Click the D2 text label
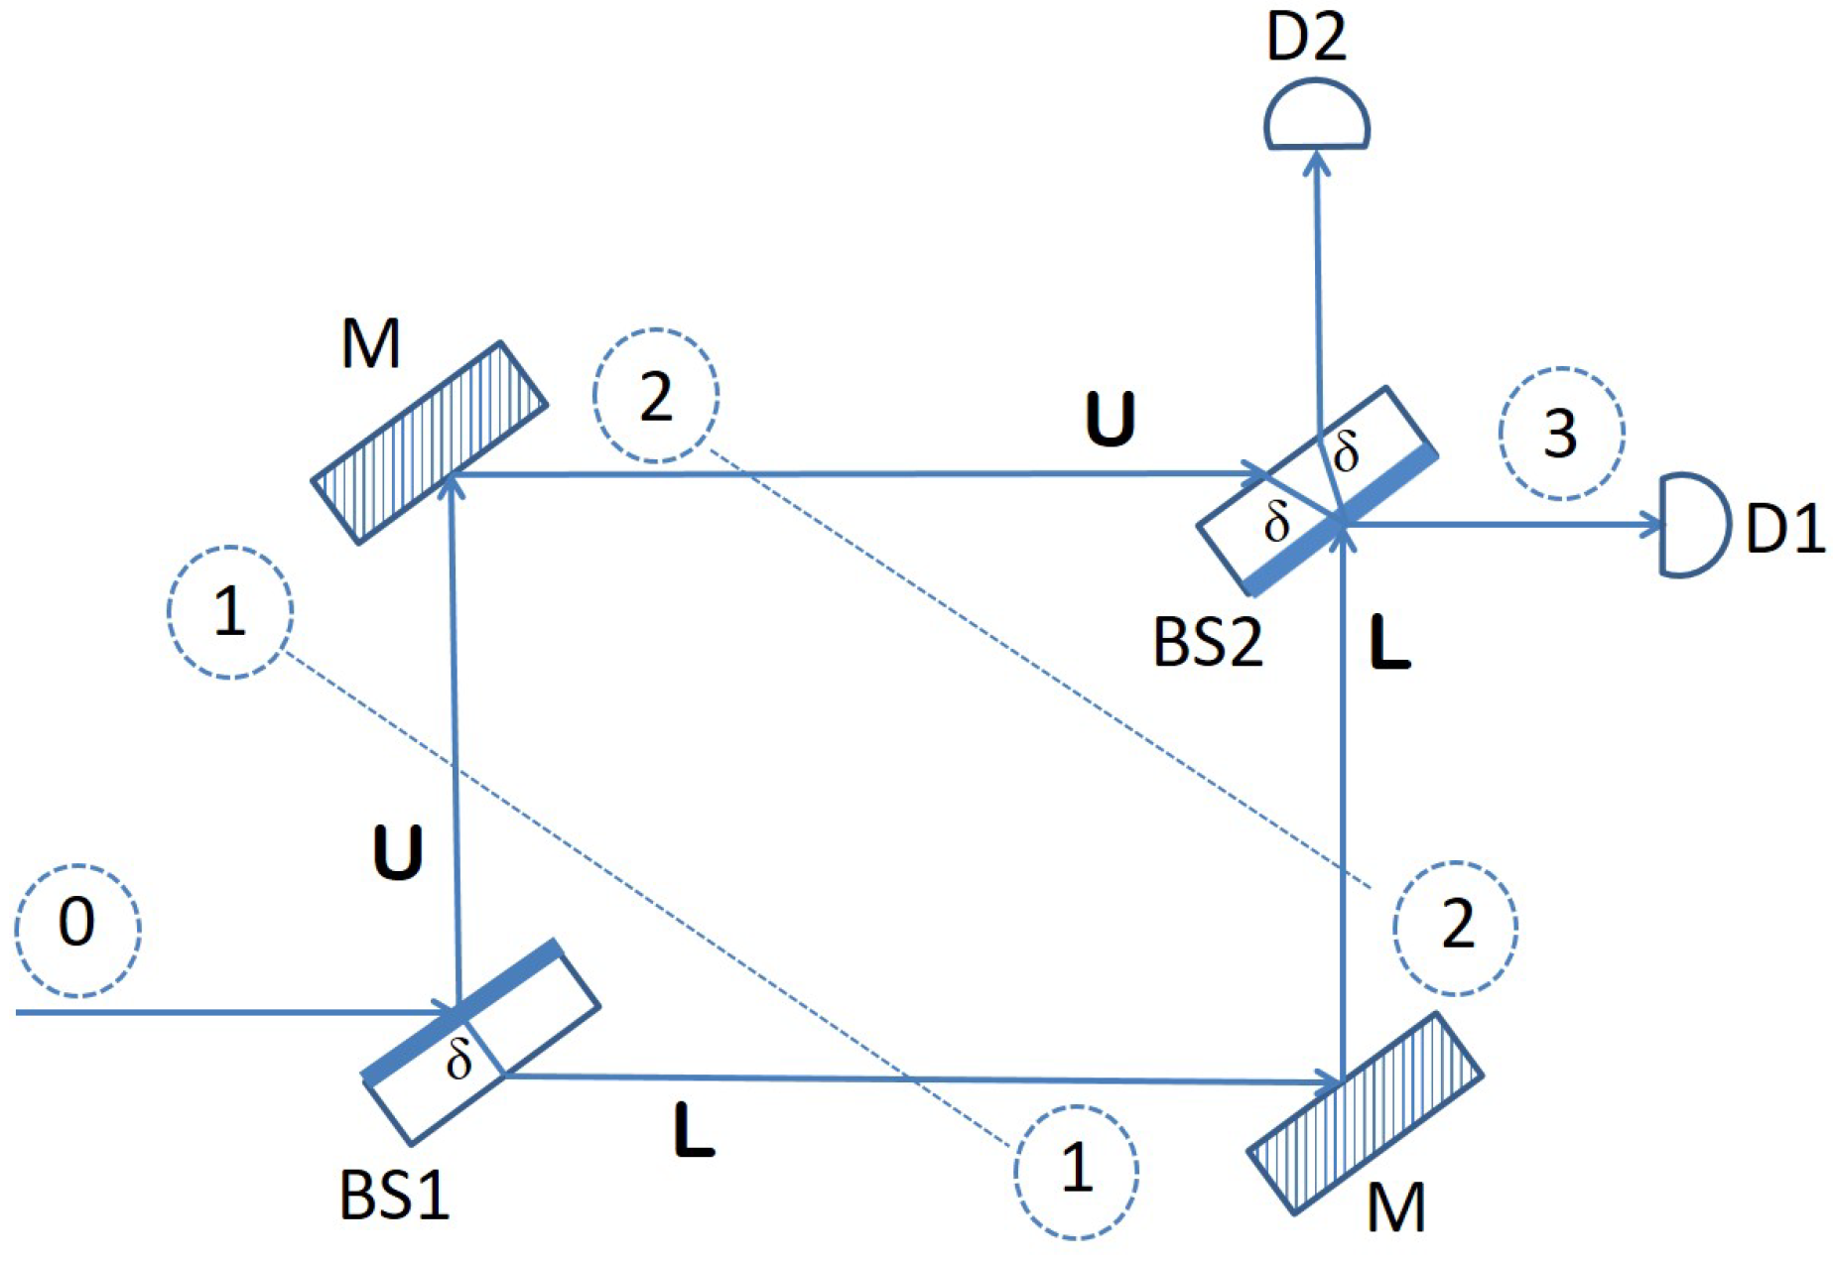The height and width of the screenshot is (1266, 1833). [1306, 38]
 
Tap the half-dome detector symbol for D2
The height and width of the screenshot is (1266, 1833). [1317, 120]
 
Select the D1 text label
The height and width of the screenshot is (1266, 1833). [1784, 528]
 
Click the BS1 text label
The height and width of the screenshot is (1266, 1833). [394, 1195]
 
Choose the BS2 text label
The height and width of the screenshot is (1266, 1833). [1208, 642]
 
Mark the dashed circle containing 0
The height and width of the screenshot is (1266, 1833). [77, 930]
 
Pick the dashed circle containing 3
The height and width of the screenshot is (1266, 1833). [1561, 434]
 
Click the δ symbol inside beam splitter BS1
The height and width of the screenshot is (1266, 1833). [458, 1060]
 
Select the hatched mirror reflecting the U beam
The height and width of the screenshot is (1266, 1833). [430, 443]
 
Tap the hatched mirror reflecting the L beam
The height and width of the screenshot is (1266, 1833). [1365, 1113]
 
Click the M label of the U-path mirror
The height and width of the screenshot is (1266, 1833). [370, 344]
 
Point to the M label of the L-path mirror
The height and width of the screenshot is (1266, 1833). [1396, 1207]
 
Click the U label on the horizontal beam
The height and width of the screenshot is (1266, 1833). [1110, 419]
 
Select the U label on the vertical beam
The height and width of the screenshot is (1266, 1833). [397, 852]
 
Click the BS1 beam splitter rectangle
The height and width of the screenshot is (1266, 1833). [481, 1041]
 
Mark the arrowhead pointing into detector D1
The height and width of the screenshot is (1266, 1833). [1651, 525]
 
